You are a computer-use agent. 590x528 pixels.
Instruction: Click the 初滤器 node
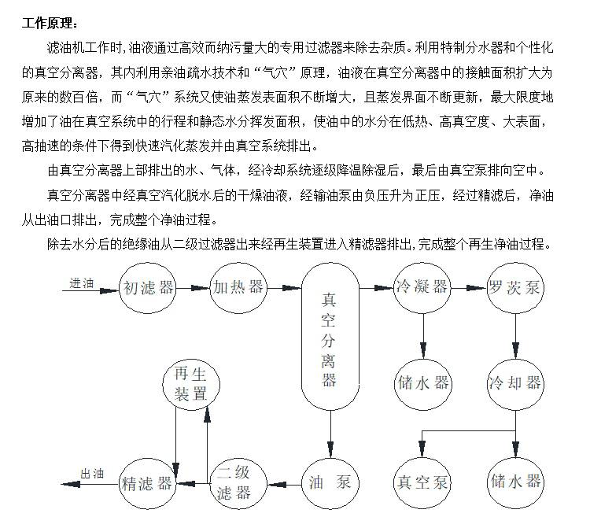[148, 287]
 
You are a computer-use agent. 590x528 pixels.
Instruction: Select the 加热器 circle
[238, 287]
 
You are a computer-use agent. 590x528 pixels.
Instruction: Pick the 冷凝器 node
[422, 287]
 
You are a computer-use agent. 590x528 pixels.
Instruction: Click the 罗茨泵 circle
[515, 287]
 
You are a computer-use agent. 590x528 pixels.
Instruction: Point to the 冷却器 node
[515, 384]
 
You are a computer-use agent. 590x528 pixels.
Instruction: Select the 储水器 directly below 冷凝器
[422, 384]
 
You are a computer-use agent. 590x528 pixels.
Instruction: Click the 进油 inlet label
[81, 282]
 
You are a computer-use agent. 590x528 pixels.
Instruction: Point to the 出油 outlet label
[92, 474]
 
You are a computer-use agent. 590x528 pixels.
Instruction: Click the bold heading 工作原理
[50, 22]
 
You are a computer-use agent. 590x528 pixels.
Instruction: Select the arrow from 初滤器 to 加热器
[194, 288]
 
